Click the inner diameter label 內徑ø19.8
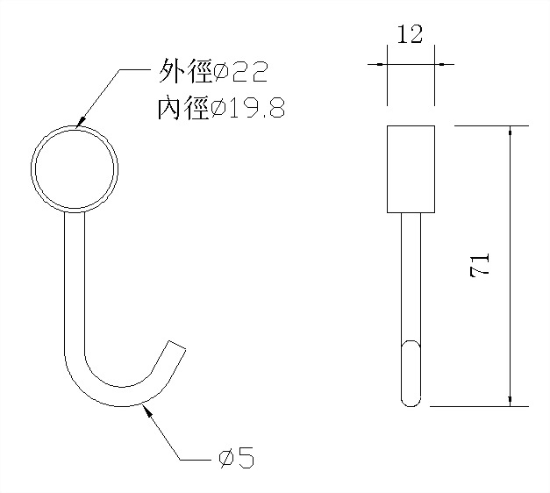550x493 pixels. tap(219, 109)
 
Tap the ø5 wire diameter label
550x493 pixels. tap(236, 457)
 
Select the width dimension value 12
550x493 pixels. tap(410, 37)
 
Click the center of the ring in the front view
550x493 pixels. tap(75, 167)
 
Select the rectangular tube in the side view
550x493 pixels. tap(411, 168)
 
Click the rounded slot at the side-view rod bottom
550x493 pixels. tap(411, 373)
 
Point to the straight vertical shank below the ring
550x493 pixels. tap(75, 281)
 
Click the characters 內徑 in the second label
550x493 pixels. tap(182, 109)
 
